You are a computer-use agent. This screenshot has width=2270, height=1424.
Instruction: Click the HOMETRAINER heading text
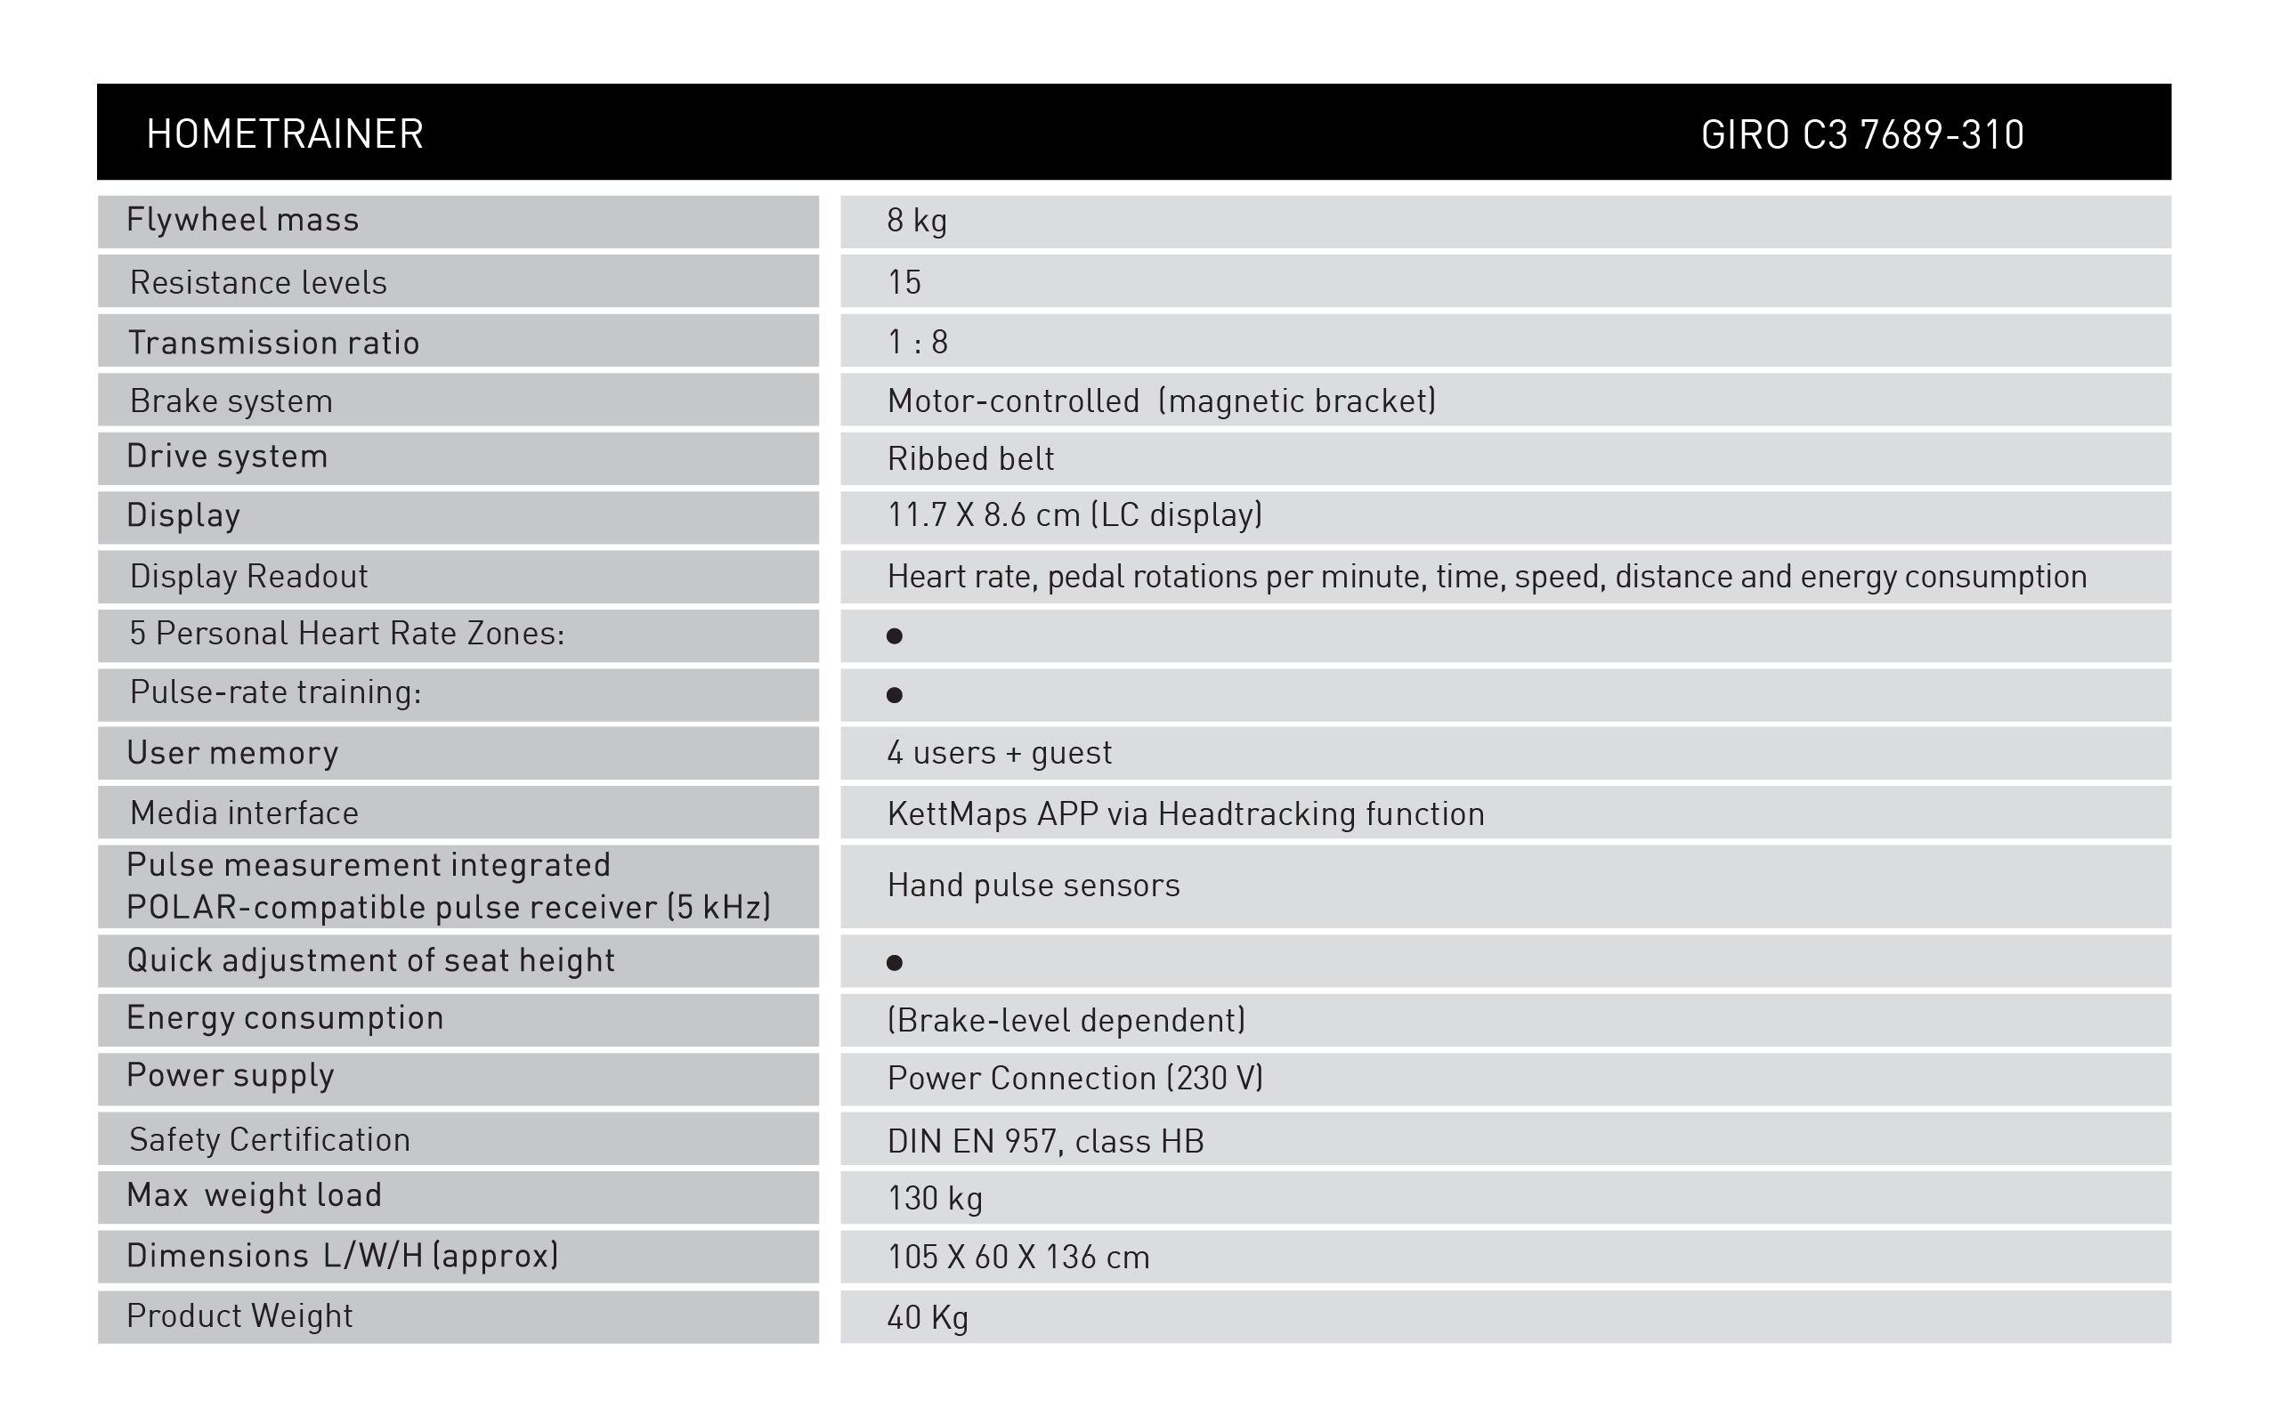(x=285, y=133)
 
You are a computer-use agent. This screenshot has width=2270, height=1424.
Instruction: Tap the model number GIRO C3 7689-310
(x=1862, y=134)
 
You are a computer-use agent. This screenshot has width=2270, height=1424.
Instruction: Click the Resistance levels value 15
(x=904, y=281)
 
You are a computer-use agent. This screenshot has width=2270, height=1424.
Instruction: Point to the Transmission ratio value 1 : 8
(x=918, y=342)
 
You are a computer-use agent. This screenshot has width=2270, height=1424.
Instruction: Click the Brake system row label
(x=231, y=401)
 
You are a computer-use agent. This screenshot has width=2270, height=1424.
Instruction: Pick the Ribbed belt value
(x=970, y=458)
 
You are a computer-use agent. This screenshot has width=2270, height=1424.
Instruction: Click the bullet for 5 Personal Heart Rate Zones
(x=895, y=636)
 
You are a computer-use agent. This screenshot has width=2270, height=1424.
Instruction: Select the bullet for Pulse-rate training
(x=895, y=695)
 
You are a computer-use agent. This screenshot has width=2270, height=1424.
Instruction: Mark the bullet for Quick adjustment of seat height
(x=895, y=962)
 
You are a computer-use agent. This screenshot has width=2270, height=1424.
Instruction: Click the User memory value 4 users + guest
(x=999, y=753)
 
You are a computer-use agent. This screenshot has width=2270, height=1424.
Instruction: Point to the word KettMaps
(x=957, y=813)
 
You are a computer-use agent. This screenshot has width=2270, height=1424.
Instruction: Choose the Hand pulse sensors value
(x=1034, y=886)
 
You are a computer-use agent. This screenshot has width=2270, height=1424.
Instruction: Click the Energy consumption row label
(x=285, y=1018)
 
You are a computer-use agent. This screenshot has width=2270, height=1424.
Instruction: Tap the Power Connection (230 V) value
(x=1074, y=1079)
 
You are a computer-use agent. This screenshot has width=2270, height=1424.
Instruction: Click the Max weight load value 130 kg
(x=935, y=1198)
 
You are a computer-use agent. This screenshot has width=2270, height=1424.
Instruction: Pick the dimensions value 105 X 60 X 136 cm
(x=1018, y=1258)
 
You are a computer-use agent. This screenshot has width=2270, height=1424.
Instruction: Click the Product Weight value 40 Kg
(x=928, y=1316)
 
